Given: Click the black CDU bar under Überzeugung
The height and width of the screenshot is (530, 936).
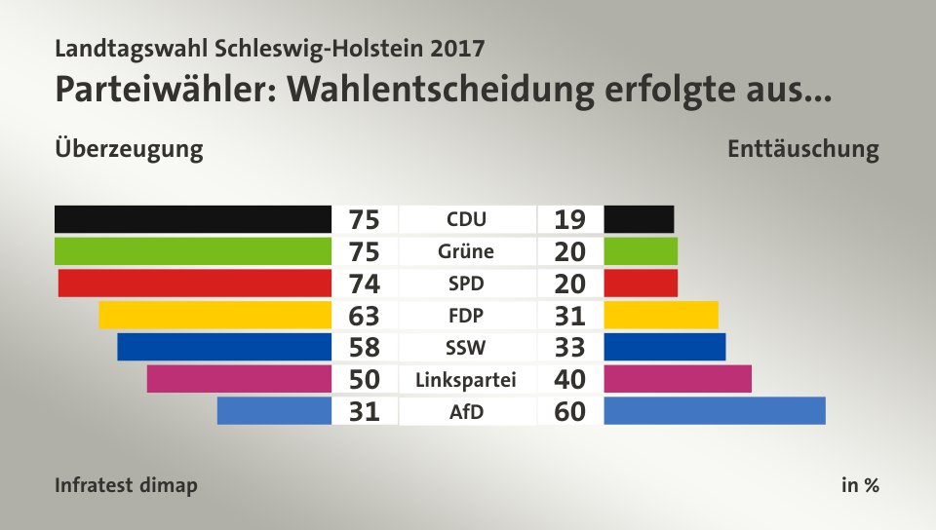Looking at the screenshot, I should [193, 219].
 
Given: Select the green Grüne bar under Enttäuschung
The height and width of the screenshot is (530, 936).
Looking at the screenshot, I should [641, 251].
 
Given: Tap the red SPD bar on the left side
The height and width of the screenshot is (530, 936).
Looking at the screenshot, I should [195, 284].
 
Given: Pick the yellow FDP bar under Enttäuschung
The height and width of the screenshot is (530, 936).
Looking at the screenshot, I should [661, 315].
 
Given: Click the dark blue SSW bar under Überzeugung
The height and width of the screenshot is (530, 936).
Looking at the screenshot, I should [224, 347].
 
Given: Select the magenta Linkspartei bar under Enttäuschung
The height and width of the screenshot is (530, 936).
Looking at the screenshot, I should [678, 379].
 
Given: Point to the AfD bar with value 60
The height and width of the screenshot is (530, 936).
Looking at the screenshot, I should [715, 411].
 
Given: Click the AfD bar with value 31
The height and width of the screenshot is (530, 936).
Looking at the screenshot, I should [274, 411].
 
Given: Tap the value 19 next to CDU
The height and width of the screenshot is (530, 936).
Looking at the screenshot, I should [569, 219].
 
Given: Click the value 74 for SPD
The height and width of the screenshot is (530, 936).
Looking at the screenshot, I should [364, 284].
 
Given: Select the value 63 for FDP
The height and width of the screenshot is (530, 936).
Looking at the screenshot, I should [364, 316].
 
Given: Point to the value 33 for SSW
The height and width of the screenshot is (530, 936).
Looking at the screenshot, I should [569, 348].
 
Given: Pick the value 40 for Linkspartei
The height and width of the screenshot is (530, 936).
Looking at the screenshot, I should [569, 379].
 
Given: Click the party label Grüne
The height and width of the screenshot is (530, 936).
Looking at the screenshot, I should [465, 251].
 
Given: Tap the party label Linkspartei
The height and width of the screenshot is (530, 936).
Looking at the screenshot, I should [465, 379].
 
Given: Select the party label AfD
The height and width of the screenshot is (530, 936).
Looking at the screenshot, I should [465, 411].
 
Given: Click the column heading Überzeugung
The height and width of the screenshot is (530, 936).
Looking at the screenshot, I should [130, 150].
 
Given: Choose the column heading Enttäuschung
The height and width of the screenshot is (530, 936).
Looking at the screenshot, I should [802, 150].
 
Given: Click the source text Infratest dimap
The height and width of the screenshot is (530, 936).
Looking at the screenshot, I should [126, 485].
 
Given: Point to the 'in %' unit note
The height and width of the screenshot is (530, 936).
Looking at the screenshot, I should [860, 485].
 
